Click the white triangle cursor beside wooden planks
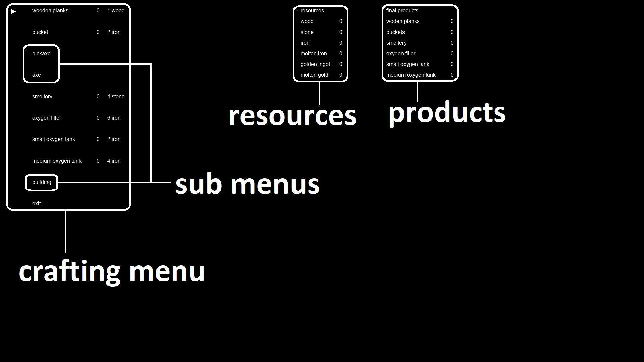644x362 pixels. click(13, 11)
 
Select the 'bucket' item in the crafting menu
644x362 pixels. click(40, 32)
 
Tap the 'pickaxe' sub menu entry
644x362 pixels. click(41, 54)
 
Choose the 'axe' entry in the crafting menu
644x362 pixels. click(37, 75)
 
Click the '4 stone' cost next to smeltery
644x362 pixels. click(116, 97)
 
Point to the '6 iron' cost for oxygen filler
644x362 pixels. click(114, 118)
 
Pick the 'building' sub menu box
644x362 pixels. click(42, 182)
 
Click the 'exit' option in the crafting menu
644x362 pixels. click(37, 204)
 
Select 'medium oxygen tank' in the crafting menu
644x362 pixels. click(57, 161)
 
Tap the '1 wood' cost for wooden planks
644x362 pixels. click(116, 11)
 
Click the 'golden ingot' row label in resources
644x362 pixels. click(315, 64)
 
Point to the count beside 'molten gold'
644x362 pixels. click(341, 75)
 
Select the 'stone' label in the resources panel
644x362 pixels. click(307, 32)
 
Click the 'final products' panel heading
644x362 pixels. click(402, 11)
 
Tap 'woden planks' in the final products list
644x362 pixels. click(403, 21)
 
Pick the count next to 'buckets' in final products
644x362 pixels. click(452, 32)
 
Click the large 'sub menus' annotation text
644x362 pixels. click(248, 184)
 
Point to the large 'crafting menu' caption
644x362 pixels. click(112, 271)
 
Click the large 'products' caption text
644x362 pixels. click(447, 113)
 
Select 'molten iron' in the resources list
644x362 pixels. click(314, 54)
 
